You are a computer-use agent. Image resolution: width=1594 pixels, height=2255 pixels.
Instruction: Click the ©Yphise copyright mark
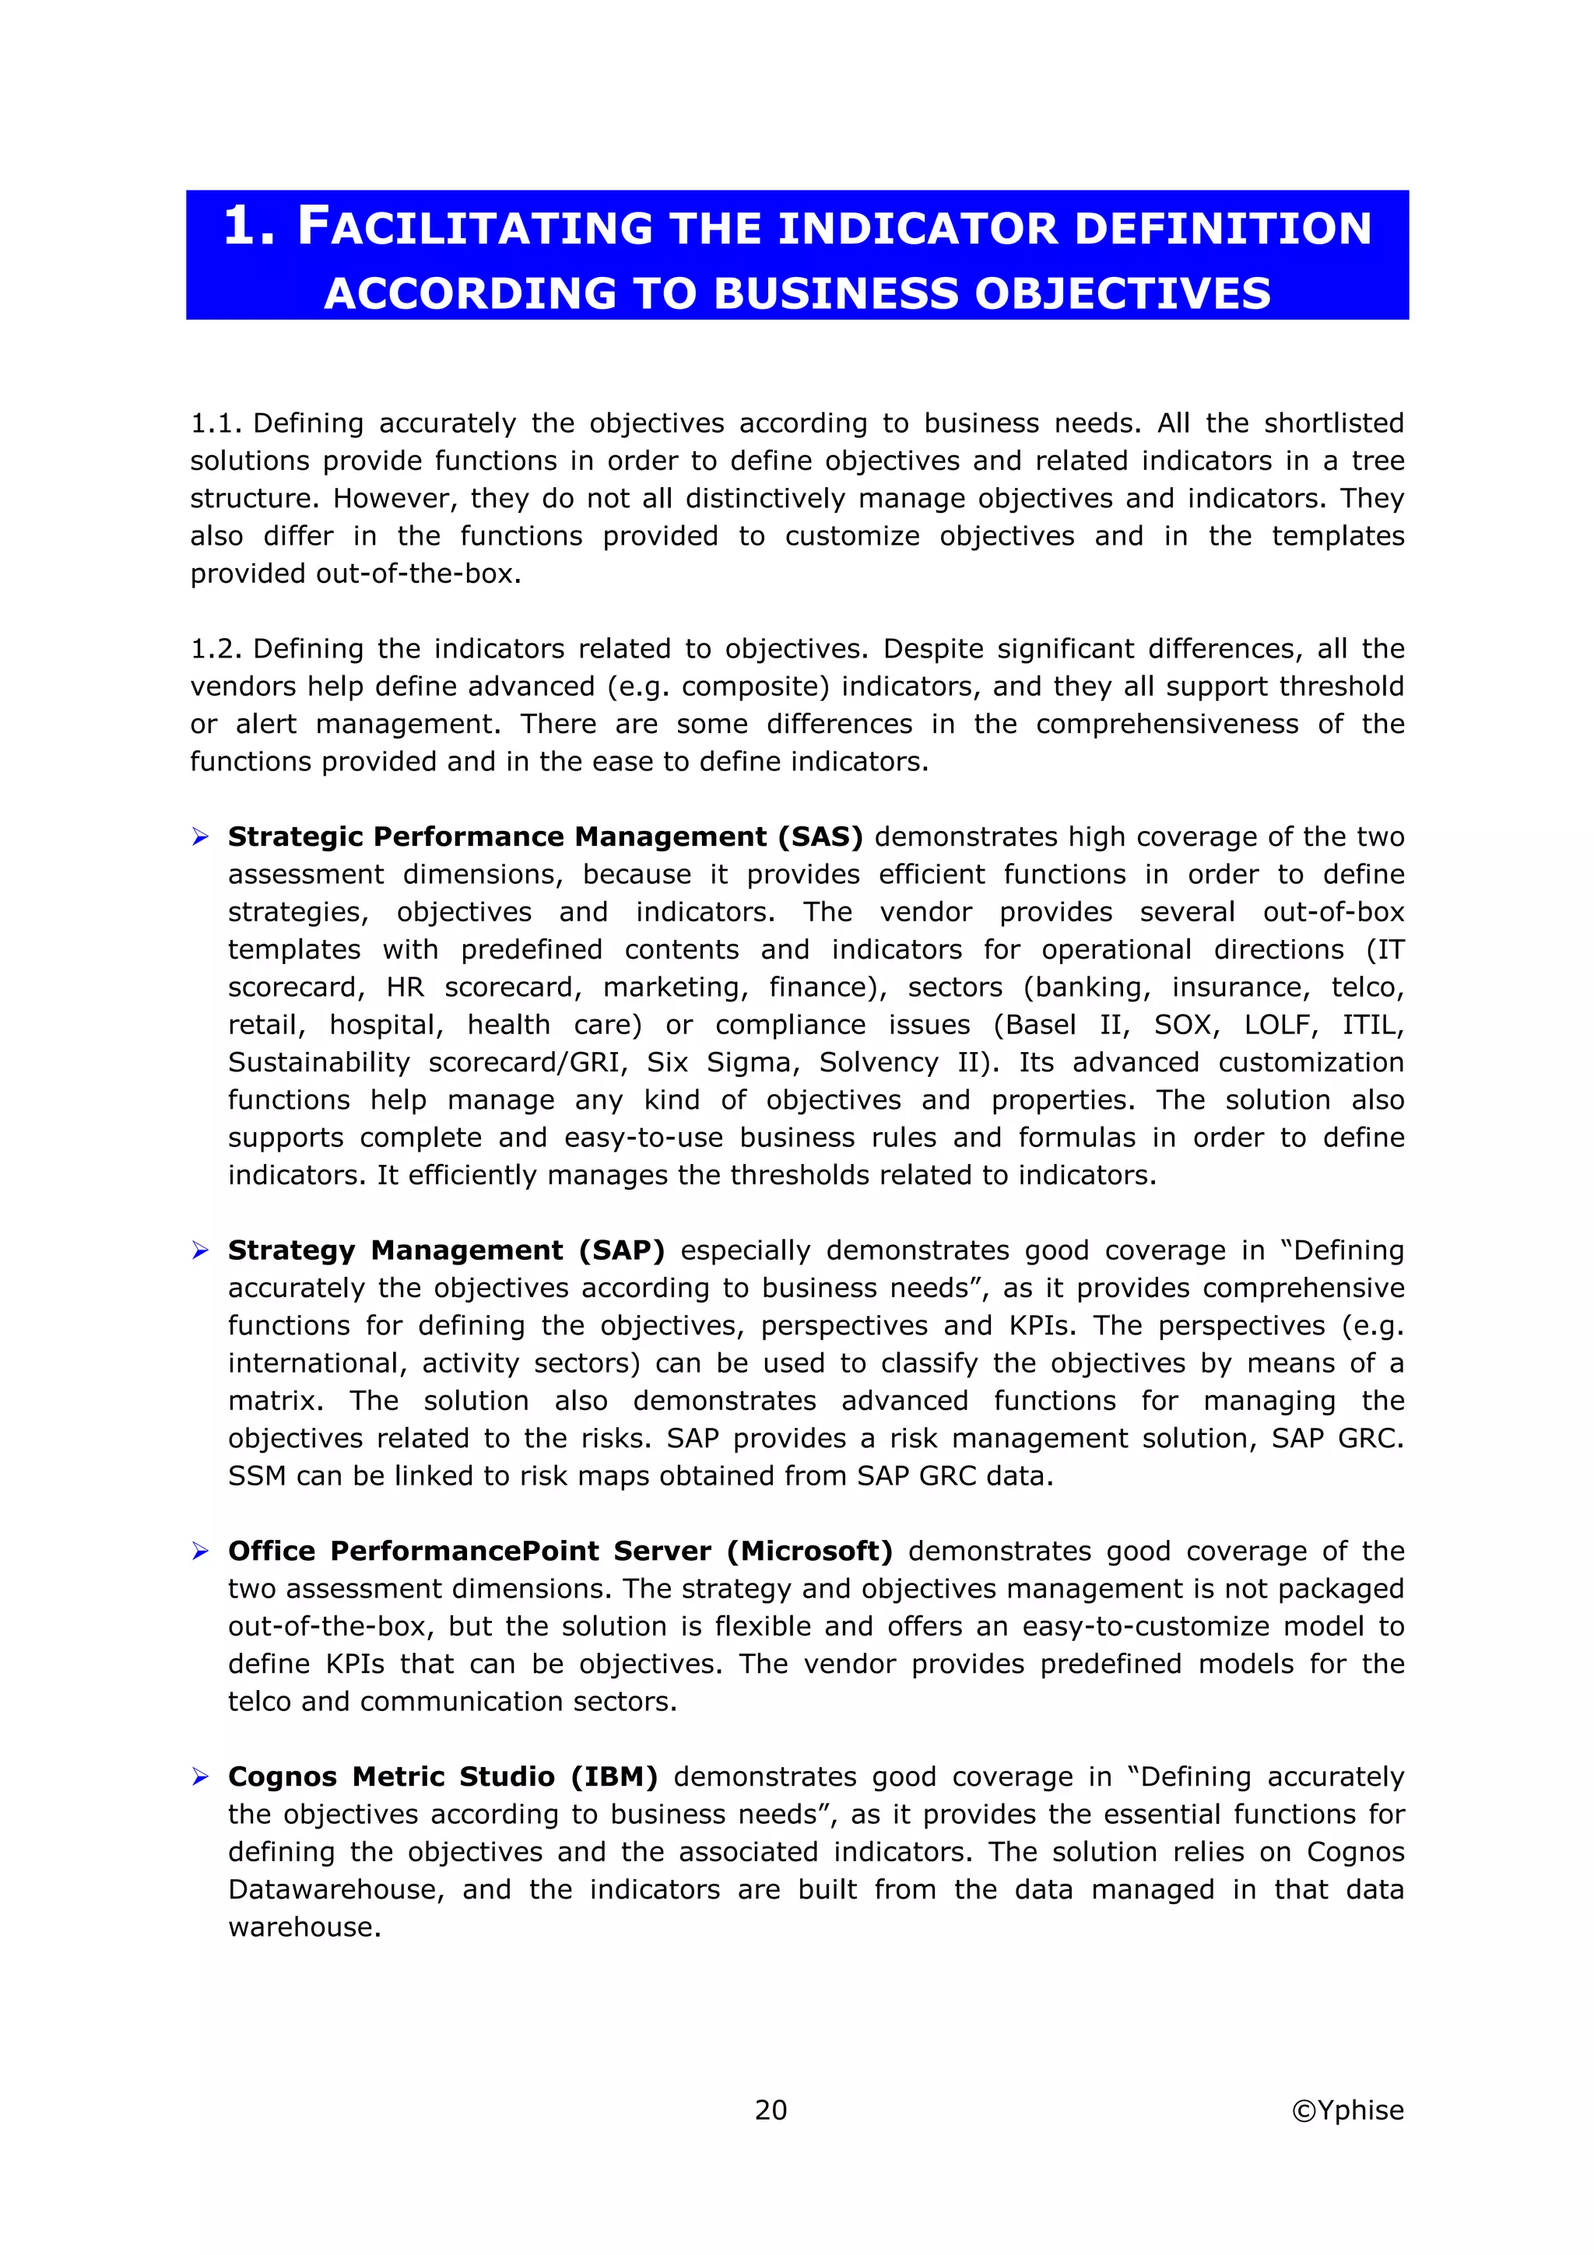point(1347,2109)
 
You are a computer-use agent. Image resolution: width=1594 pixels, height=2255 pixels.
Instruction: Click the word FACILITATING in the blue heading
point(476,228)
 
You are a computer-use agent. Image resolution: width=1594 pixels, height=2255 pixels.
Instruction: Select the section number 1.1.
point(216,423)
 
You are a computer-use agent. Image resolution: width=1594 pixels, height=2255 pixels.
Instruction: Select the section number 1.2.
point(216,649)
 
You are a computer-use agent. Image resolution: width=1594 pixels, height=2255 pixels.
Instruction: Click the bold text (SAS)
point(820,836)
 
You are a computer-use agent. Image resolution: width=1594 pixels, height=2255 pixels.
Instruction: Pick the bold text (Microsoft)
point(809,1551)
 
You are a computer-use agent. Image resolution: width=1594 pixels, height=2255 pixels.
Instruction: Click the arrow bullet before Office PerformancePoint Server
point(200,1551)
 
